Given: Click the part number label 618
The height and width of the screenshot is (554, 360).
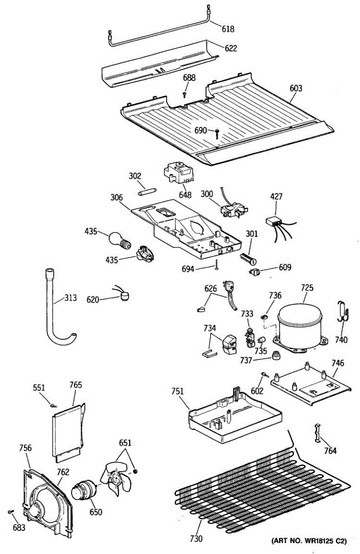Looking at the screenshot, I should coord(228,29).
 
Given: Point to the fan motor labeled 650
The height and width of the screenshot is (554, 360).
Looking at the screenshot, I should coord(84,489).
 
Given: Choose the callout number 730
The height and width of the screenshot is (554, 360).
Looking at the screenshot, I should coord(196,538).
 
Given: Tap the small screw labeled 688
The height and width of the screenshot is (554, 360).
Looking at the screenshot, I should coord(185,94).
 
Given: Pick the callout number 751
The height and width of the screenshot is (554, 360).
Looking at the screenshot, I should coord(178,392).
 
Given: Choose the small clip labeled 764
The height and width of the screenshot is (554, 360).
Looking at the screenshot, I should coord(318,433).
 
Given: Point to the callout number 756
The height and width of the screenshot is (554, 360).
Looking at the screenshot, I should coord(25,447).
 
